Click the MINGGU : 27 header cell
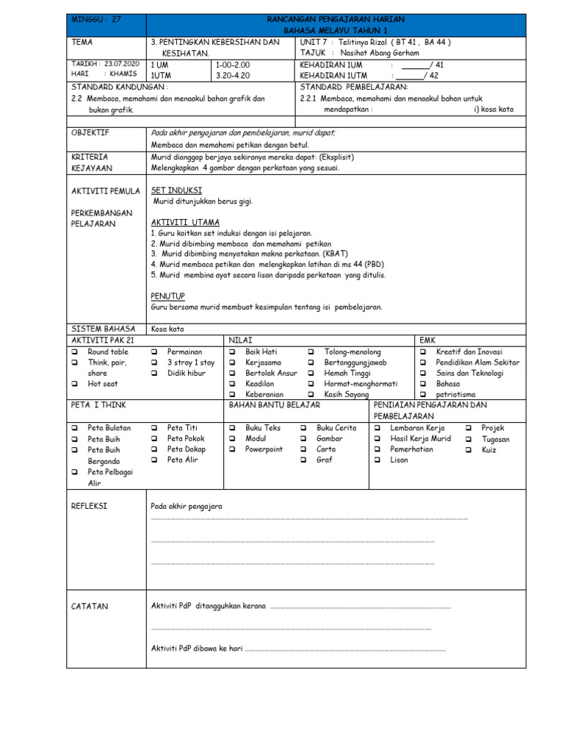click(x=96, y=19)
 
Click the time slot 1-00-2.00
click(x=233, y=65)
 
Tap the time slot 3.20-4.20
click(x=233, y=75)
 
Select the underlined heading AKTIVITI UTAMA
click(x=185, y=222)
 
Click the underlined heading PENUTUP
click(x=167, y=296)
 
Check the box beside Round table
click(x=74, y=352)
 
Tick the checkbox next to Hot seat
click(x=74, y=384)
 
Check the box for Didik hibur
click(x=154, y=374)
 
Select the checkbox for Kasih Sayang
click(x=311, y=395)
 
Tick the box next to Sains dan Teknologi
click(x=423, y=374)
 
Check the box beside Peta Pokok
click(x=154, y=438)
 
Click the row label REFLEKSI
click(x=89, y=506)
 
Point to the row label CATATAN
click(x=90, y=606)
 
